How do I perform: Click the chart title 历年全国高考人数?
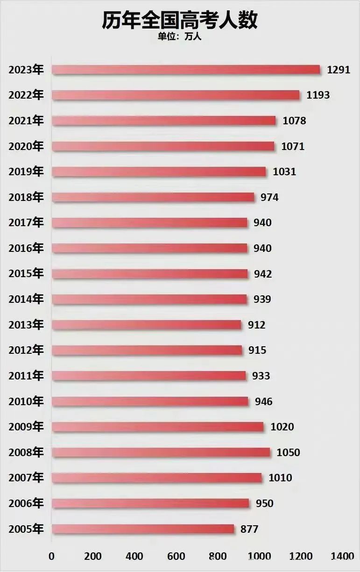coord(180,21)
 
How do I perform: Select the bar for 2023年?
coord(186,70)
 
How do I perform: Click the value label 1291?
coord(339,70)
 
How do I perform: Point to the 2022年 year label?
coord(26,95)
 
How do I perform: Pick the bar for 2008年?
coord(161,452)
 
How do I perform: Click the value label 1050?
coord(288,452)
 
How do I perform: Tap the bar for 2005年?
coord(143,529)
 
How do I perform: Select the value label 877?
coord(249,529)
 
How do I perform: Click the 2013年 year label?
coord(26,325)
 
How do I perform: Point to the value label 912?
coord(256,325)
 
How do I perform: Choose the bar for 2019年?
coord(159,172)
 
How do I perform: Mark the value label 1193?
coord(318,95)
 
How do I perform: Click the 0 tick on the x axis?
coord(51,556)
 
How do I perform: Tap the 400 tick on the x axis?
coord(134,556)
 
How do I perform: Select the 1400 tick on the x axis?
coord(342,556)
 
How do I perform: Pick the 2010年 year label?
coord(26,401)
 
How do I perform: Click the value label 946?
coord(263,401)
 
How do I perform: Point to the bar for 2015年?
coord(149,274)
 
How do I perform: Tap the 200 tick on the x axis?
coord(93,556)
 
